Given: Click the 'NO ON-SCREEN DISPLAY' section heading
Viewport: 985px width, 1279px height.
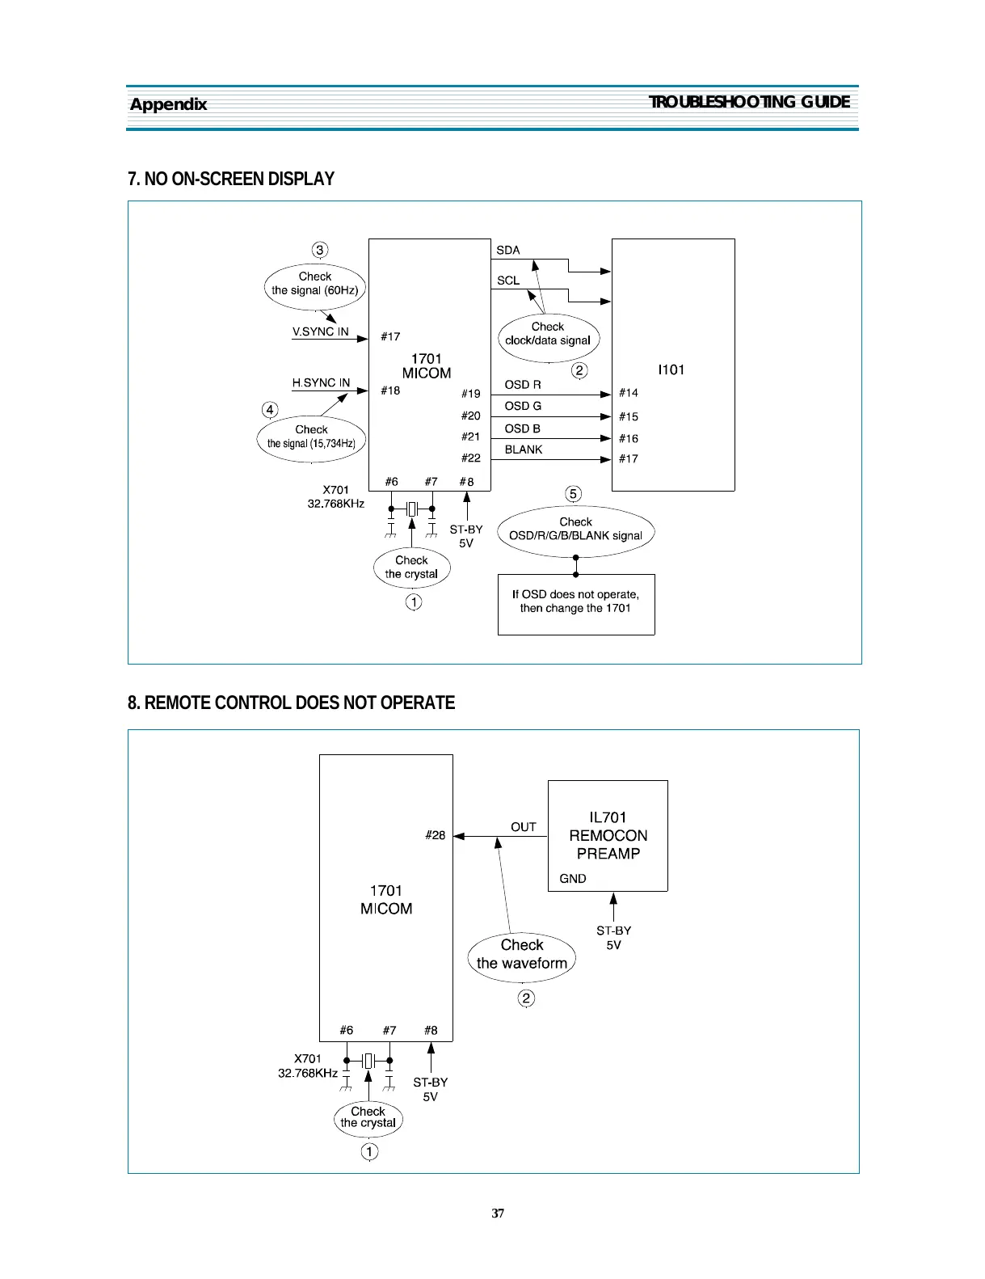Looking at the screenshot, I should click(231, 179).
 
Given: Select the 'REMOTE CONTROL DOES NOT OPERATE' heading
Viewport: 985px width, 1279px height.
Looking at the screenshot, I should click(291, 703).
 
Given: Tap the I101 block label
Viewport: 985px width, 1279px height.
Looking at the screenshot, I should click(671, 369).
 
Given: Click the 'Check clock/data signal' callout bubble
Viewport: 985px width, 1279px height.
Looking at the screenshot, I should click(548, 334).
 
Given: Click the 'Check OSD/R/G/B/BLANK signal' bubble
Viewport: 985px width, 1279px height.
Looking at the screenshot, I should click(575, 530).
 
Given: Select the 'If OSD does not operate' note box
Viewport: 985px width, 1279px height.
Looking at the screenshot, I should click(575, 602).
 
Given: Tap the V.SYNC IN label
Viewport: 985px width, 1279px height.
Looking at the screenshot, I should click(320, 331).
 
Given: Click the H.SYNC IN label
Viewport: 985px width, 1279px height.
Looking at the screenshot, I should click(321, 382).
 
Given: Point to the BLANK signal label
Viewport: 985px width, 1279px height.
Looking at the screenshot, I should click(523, 450).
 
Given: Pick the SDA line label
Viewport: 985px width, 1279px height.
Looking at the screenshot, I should click(507, 251).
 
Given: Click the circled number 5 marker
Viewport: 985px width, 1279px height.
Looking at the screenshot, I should click(573, 494).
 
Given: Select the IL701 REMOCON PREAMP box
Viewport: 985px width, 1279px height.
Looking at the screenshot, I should click(608, 835).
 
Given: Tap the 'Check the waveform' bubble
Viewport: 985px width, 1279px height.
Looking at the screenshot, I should click(522, 955).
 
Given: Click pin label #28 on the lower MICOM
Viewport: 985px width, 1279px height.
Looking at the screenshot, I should click(435, 835).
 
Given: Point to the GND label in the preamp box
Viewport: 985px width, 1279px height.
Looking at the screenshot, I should click(573, 879).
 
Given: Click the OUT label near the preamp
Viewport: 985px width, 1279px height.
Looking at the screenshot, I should click(523, 827).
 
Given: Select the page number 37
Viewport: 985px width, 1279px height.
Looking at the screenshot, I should click(498, 1213).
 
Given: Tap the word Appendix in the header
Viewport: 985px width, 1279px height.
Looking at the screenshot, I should click(168, 104).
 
